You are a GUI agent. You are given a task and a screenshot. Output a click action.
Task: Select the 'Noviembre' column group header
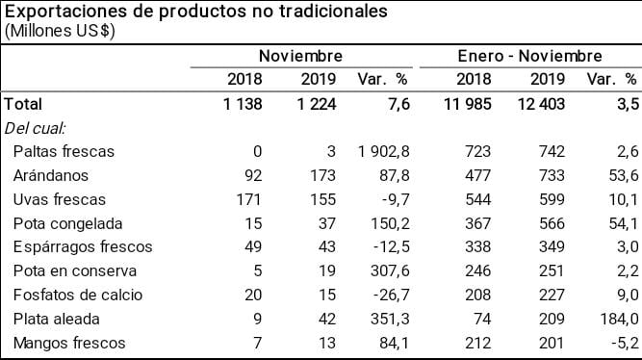point(300,56)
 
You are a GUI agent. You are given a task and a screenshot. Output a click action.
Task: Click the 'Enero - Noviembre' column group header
point(529,56)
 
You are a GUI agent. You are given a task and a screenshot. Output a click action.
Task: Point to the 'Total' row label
point(24,103)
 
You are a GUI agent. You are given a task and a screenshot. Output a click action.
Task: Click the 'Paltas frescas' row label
point(64,151)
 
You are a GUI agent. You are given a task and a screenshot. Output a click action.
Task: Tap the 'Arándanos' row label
point(50,175)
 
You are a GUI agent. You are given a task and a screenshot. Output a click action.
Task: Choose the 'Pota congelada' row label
point(67,223)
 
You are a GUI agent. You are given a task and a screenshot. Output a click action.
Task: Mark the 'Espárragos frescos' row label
point(84,247)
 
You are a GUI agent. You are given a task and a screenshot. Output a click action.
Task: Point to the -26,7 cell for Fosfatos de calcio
point(388,296)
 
